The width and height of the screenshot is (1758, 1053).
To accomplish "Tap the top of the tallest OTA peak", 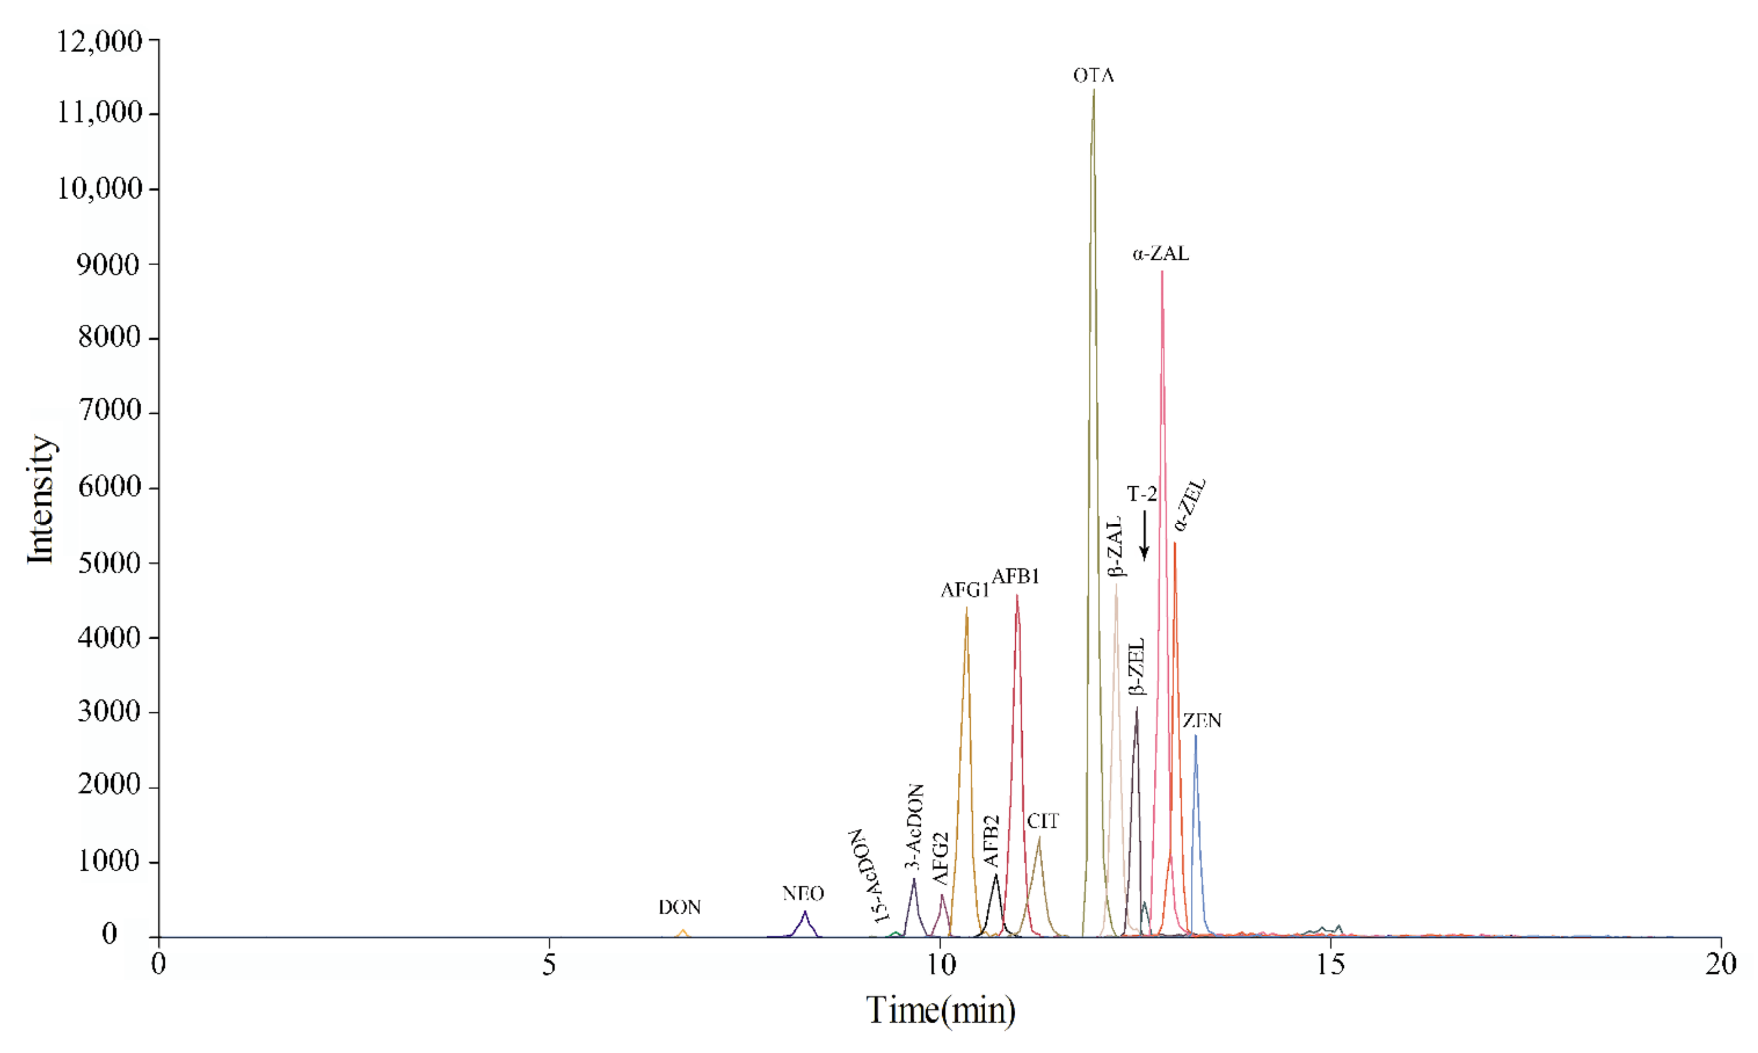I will [x=1094, y=90].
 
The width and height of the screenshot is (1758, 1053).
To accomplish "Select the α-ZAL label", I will [x=1161, y=253].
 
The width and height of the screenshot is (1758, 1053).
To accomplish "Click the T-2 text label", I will [x=1142, y=494].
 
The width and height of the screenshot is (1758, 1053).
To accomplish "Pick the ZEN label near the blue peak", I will [x=1202, y=721].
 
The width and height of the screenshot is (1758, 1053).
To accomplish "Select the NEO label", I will [x=802, y=893].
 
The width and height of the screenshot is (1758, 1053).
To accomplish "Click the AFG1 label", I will [x=965, y=590].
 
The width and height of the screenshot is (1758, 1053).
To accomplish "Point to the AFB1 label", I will [x=1016, y=577].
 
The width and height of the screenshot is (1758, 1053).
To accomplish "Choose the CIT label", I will [x=1043, y=821].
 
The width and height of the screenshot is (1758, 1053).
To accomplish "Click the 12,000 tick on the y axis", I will [x=100, y=41].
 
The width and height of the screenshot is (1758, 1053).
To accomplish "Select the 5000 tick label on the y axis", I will [x=110, y=563].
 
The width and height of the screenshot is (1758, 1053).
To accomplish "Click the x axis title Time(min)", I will [x=940, y=1011].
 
